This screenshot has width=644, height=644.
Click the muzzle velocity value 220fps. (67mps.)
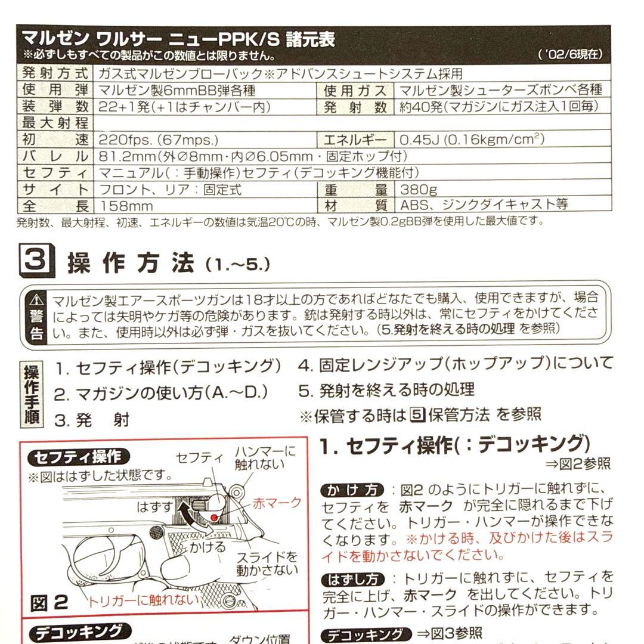click(x=159, y=140)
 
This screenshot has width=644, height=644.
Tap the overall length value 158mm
click(x=126, y=206)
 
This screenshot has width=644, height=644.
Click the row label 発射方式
click(x=55, y=74)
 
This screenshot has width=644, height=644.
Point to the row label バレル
click(x=55, y=157)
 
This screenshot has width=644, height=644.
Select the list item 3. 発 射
click(x=92, y=420)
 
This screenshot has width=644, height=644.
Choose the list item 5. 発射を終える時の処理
click(x=387, y=390)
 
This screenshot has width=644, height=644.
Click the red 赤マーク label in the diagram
click(x=277, y=503)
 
